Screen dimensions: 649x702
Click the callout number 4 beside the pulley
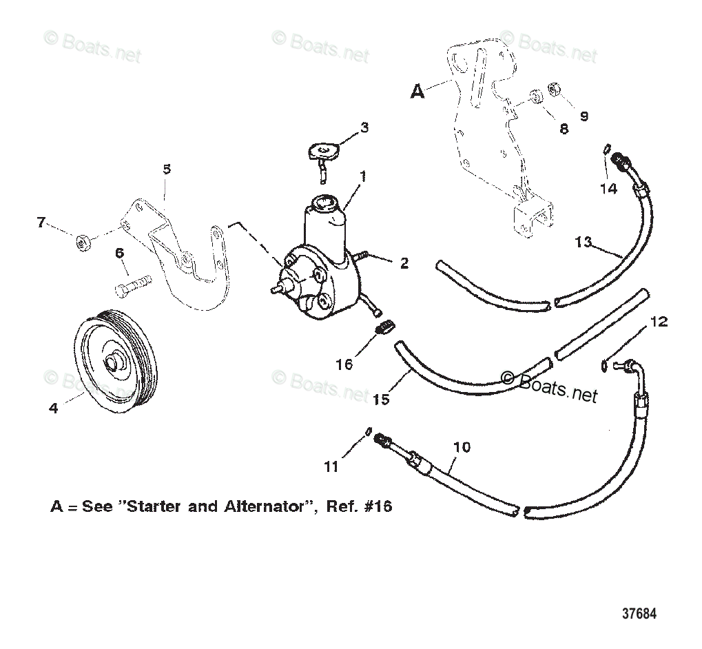point(54,408)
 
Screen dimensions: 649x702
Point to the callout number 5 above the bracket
point(166,169)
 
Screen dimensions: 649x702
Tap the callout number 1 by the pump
point(362,176)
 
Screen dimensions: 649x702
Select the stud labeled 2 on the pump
point(363,257)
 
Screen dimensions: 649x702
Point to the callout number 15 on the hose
point(382,398)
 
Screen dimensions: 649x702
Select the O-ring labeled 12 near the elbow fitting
point(605,365)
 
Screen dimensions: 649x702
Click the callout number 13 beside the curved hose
point(584,242)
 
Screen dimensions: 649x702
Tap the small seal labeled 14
point(606,147)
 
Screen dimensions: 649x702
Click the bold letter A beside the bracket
point(417,91)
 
